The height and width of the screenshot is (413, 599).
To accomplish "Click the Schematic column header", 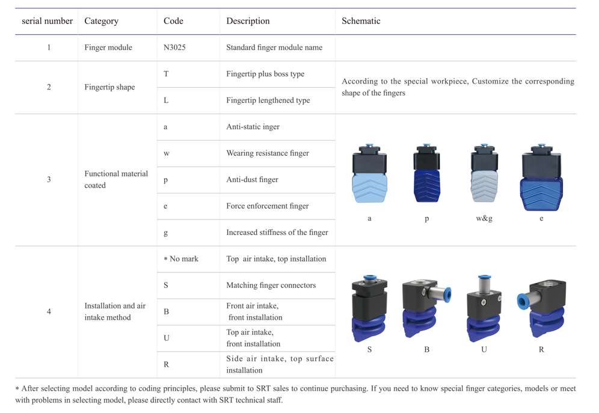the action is tap(361, 21).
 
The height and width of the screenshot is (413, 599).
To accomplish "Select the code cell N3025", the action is tap(174, 47).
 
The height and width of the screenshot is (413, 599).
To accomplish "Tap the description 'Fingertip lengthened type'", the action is tap(268, 100).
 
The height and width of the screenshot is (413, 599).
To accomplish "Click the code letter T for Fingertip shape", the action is tap(166, 74).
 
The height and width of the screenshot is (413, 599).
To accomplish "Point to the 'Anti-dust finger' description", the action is tap(252, 179).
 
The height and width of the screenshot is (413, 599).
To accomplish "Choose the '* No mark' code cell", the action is tap(181, 259).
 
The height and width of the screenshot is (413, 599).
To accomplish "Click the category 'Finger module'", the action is tap(108, 47).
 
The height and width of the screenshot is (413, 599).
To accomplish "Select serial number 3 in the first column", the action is tap(49, 179).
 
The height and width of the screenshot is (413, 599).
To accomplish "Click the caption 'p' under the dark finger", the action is tap(427, 219).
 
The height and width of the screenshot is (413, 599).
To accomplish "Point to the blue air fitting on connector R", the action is tap(523, 301).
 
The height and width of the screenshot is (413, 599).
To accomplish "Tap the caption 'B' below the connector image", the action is tap(427, 349).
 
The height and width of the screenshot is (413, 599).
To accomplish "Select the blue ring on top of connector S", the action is tap(369, 277).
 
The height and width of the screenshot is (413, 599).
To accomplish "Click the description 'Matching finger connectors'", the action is tap(271, 285).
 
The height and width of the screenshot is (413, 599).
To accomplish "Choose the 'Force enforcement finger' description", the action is tap(268, 206).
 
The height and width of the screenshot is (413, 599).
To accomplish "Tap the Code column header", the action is tap(173, 21).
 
